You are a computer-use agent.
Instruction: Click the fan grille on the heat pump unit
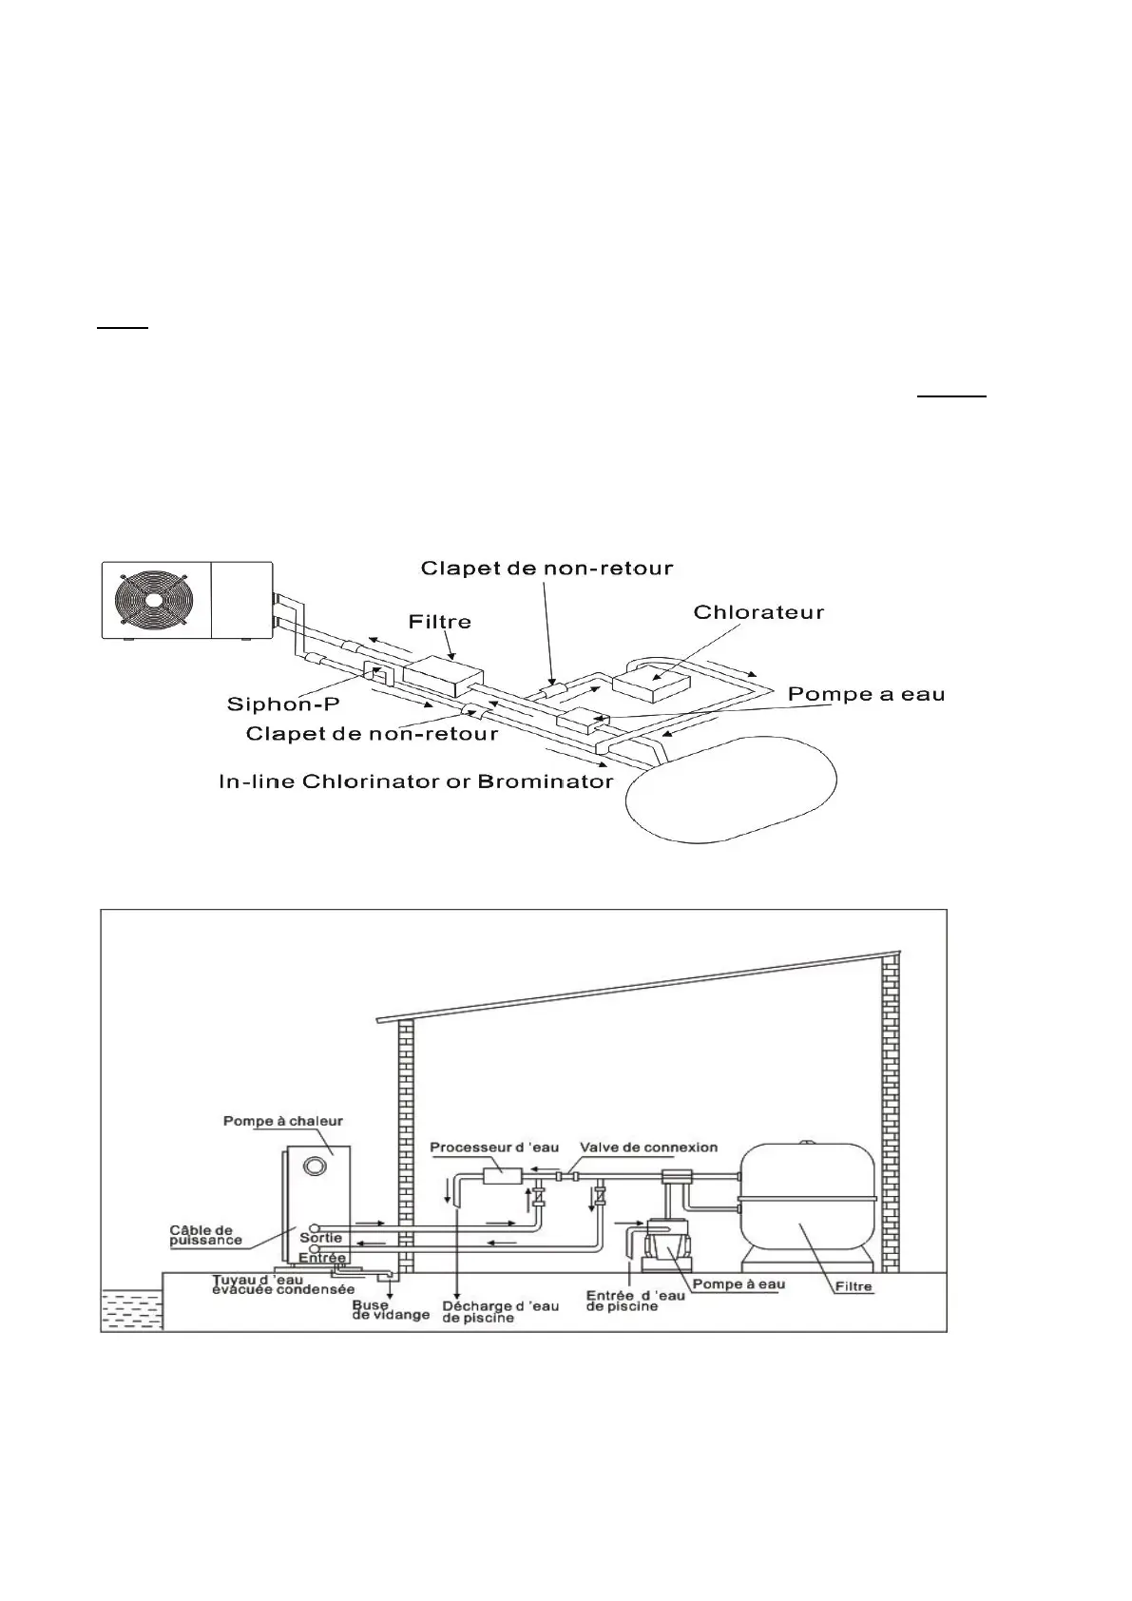click(x=154, y=601)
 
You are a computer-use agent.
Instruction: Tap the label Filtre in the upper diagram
click(x=439, y=622)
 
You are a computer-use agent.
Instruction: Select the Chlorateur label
click(x=758, y=612)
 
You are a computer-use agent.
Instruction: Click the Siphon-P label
click(x=283, y=704)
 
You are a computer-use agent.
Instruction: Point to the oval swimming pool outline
click(x=730, y=792)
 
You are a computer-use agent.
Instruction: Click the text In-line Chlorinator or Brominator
click(x=415, y=781)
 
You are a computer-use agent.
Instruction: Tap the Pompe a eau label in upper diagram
click(x=866, y=694)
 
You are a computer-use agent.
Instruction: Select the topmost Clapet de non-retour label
click(x=547, y=569)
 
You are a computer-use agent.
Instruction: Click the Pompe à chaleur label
click(x=283, y=1121)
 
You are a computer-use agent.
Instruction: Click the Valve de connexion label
click(x=648, y=1148)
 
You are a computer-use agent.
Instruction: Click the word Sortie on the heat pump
click(x=320, y=1238)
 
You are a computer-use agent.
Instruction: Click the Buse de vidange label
click(x=391, y=1310)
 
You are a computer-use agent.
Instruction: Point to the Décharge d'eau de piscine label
click(x=500, y=1311)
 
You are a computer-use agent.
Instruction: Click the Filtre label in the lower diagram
click(x=852, y=1287)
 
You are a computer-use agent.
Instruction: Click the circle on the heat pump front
click(x=315, y=1166)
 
